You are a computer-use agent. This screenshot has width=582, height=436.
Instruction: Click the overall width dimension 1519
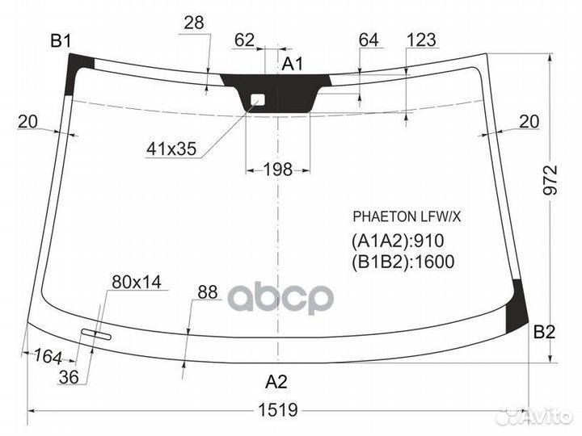[x=278, y=410]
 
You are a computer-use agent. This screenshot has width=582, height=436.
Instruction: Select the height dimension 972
[x=550, y=180]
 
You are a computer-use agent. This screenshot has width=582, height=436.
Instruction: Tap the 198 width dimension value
[x=278, y=170]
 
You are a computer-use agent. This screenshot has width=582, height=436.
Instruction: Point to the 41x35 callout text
[x=171, y=149]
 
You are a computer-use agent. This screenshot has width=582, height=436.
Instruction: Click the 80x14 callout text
[x=137, y=283]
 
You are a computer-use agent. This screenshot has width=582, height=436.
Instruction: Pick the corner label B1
[x=61, y=41]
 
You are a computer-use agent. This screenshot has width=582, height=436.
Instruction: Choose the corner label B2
[x=544, y=332]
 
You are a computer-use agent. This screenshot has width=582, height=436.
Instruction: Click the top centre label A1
[x=293, y=64]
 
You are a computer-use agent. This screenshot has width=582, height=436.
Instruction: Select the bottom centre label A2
[x=276, y=382]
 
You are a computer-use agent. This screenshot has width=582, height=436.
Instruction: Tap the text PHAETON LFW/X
[x=407, y=217]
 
